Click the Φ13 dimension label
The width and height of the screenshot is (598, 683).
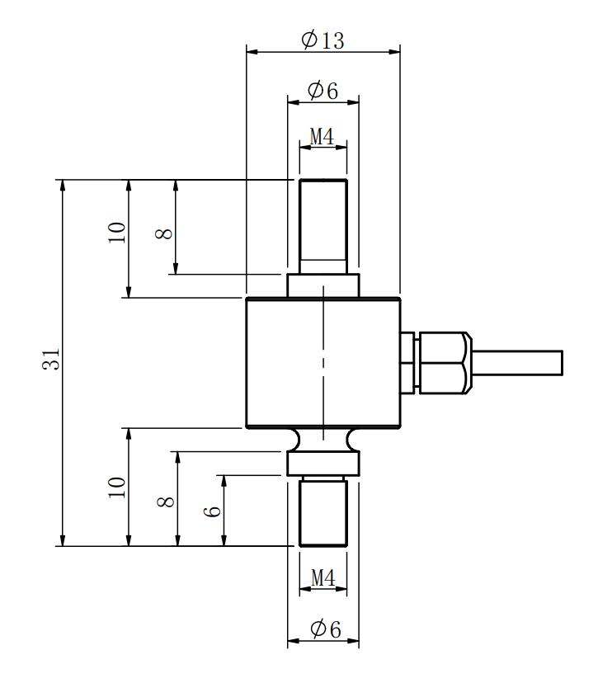click(x=323, y=40)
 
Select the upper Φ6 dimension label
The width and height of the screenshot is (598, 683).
click(x=323, y=91)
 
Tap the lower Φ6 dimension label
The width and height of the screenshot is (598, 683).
click(x=325, y=629)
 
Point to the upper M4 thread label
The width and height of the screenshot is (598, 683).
click(x=323, y=136)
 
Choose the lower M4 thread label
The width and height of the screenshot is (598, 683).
click(x=323, y=578)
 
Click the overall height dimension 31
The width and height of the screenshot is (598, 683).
click(x=51, y=360)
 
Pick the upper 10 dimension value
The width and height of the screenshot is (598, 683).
click(x=117, y=233)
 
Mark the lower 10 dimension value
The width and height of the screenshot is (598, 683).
click(x=117, y=488)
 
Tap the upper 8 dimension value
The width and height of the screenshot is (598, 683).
click(x=164, y=234)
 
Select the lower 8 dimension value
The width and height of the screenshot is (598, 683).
click(x=166, y=502)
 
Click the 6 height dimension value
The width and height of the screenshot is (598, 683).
click(x=212, y=511)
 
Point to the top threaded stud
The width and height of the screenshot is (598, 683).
click(x=323, y=227)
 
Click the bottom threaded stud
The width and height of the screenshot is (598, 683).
click(x=323, y=511)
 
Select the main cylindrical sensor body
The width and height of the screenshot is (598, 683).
click(x=323, y=362)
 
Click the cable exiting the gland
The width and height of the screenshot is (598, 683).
click(x=517, y=363)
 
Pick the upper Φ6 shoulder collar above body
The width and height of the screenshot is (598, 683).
click(x=323, y=285)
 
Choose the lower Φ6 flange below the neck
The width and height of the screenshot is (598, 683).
click(x=323, y=464)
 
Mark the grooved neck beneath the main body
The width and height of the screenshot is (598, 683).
click(x=323, y=440)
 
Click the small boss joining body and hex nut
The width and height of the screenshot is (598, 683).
click(x=409, y=363)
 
